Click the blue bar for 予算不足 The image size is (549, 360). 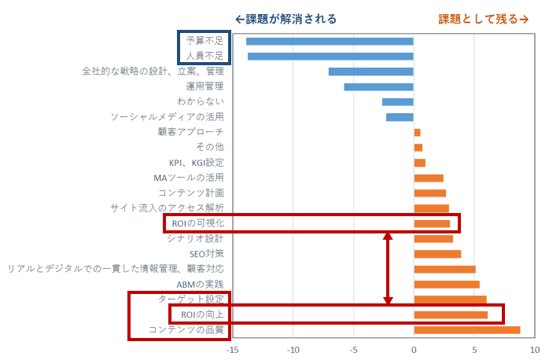pos(330,41)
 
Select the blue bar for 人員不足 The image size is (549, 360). pos(330,56)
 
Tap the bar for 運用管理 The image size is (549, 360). pos(378,86)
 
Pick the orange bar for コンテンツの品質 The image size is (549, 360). pos(466,329)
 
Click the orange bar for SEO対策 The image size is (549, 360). pos(437,254)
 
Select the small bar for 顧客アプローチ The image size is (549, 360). pos(417,132)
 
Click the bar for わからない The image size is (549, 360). pos(398,101)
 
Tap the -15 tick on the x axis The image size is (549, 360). pos(232,349)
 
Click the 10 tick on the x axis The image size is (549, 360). pos(534,349)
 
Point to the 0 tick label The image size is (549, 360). pos(414,349)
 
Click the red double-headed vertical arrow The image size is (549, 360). pos(387,269)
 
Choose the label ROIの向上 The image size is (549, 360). pos(202,314)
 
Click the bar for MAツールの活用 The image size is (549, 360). pos(429,178)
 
